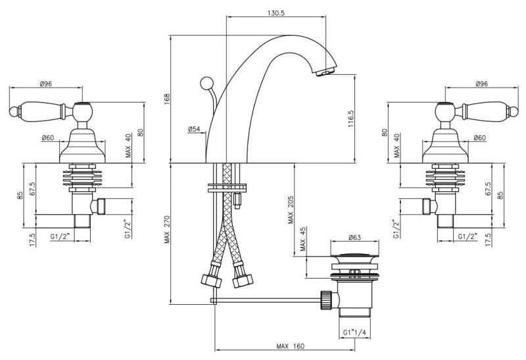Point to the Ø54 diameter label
click(194, 129)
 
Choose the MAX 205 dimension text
click(291, 208)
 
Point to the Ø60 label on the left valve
click(47, 138)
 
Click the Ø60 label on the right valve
click(479, 138)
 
